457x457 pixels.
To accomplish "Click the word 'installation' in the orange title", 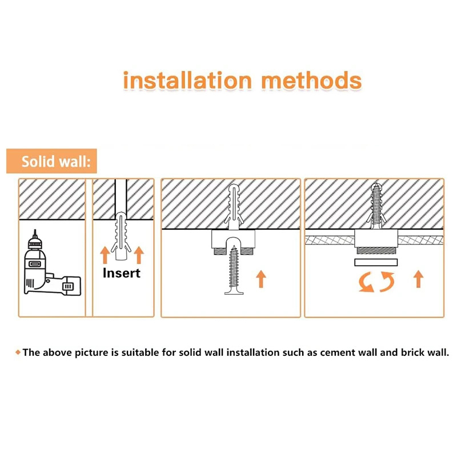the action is tap(187, 80).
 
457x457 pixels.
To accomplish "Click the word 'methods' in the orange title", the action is tap(311, 80).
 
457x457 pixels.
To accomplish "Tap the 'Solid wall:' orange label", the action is tap(51, 161).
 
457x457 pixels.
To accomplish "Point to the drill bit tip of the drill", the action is tap(35, 230).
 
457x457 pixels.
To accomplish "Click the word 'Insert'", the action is tap(122, 273).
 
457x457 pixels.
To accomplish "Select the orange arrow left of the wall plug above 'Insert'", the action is tap(105, 255).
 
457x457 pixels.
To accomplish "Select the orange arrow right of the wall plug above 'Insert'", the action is tap(139, 255).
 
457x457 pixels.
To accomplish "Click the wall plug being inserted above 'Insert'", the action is tap(121, 236).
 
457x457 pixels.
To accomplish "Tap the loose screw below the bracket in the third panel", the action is tap(234, 270).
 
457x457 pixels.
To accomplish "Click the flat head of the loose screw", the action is tap(234, 292).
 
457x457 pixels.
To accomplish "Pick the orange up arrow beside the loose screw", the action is tap(261, 279).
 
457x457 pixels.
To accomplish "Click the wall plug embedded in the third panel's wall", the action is tap(234, 207).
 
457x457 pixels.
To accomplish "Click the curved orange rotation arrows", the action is tap(376, 282).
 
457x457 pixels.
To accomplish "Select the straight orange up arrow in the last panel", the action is tap(419, 279).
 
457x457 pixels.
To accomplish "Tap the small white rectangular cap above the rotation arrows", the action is tap(376, 262).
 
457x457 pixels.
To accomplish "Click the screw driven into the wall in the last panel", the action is tap(376, 206).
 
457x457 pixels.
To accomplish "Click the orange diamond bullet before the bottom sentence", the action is tap(18, 352).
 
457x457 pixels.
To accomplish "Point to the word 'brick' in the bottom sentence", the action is tap(412, 352).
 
